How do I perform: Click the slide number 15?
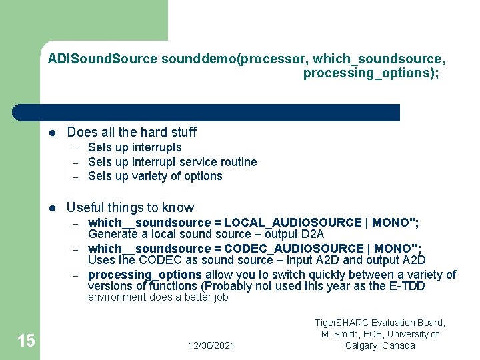coord(26,341)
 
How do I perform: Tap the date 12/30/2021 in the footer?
coord(211,345)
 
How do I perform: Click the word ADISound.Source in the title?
coord(102,59)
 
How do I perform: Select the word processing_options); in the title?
coord(371,73)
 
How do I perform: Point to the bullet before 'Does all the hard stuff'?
coord(52,132)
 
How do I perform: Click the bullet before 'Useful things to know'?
coord(52,207)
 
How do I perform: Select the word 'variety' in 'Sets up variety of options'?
coord(151,176)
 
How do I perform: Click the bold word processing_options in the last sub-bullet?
coord(145,275)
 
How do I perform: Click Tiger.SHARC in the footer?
coord(341,323)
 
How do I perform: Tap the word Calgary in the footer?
coord(363,345)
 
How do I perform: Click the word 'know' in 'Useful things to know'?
coord(179,207)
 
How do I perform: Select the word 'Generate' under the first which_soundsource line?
coord(111,234)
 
